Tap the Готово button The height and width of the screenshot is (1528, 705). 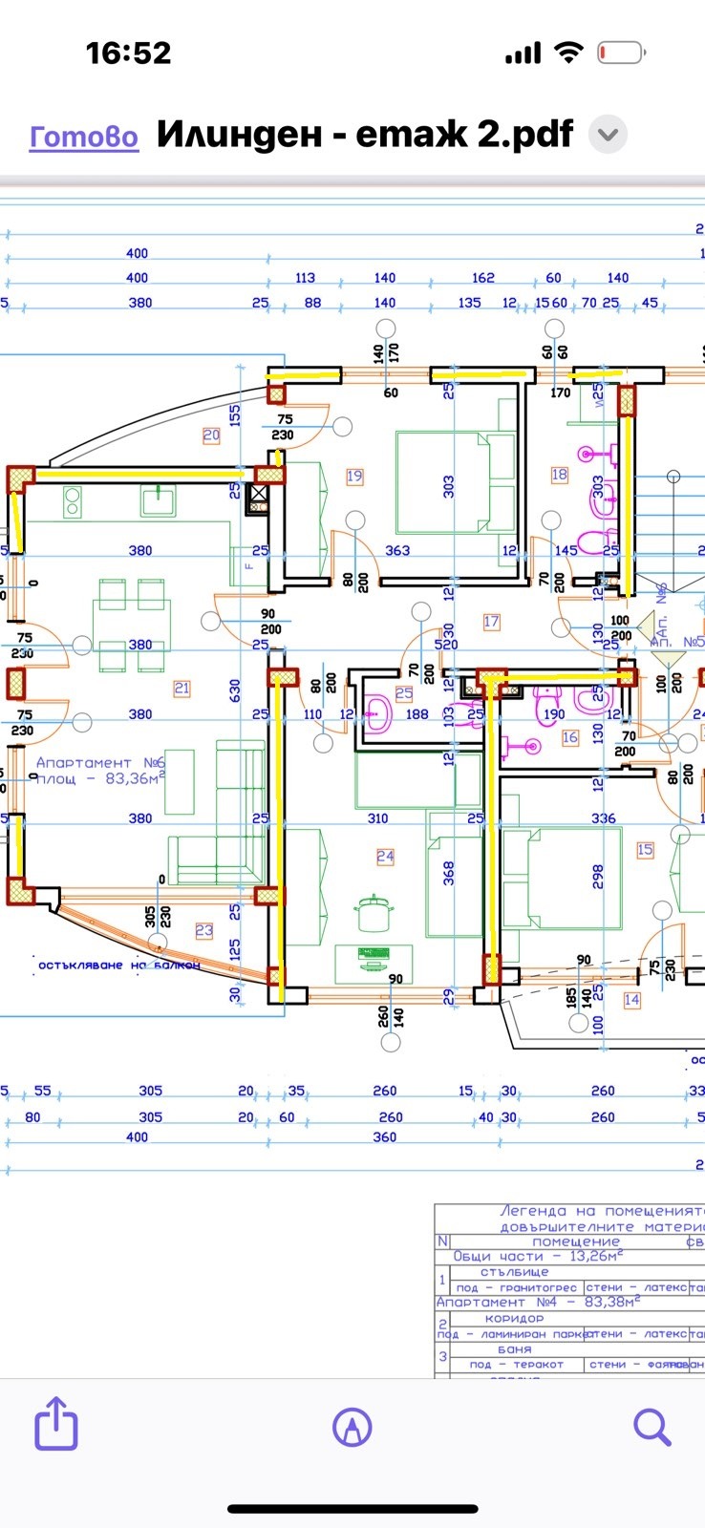tap(84, 138)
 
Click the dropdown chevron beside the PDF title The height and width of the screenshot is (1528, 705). tap(607, 135)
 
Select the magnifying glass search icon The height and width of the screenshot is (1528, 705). tap(652, 1427)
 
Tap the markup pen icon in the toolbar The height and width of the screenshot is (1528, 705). tap(352, 1428)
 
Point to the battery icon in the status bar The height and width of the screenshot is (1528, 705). tap(622, 53)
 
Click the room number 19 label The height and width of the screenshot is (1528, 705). tap(355, 476)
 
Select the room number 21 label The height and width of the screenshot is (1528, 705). tap(182, 688)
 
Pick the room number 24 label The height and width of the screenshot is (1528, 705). tap(385, 856)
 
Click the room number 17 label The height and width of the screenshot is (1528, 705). tap(491, 622)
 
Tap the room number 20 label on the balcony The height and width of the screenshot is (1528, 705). tap(211, 435)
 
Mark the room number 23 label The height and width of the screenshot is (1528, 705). tap(204, 930)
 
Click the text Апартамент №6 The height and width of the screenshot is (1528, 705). tap(99, 762)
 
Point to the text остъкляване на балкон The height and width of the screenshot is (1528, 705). tap(118, 965)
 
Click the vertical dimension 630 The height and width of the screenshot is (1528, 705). tap(235, 690)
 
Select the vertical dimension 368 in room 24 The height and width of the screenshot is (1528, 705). tap(448, 873)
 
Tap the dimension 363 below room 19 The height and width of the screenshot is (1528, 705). tap(397, 550)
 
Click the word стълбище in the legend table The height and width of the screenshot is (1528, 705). tap(514, 1272)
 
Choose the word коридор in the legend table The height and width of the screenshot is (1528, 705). tap(514, 1318)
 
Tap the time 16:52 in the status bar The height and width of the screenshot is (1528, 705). tap(129, 53)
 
